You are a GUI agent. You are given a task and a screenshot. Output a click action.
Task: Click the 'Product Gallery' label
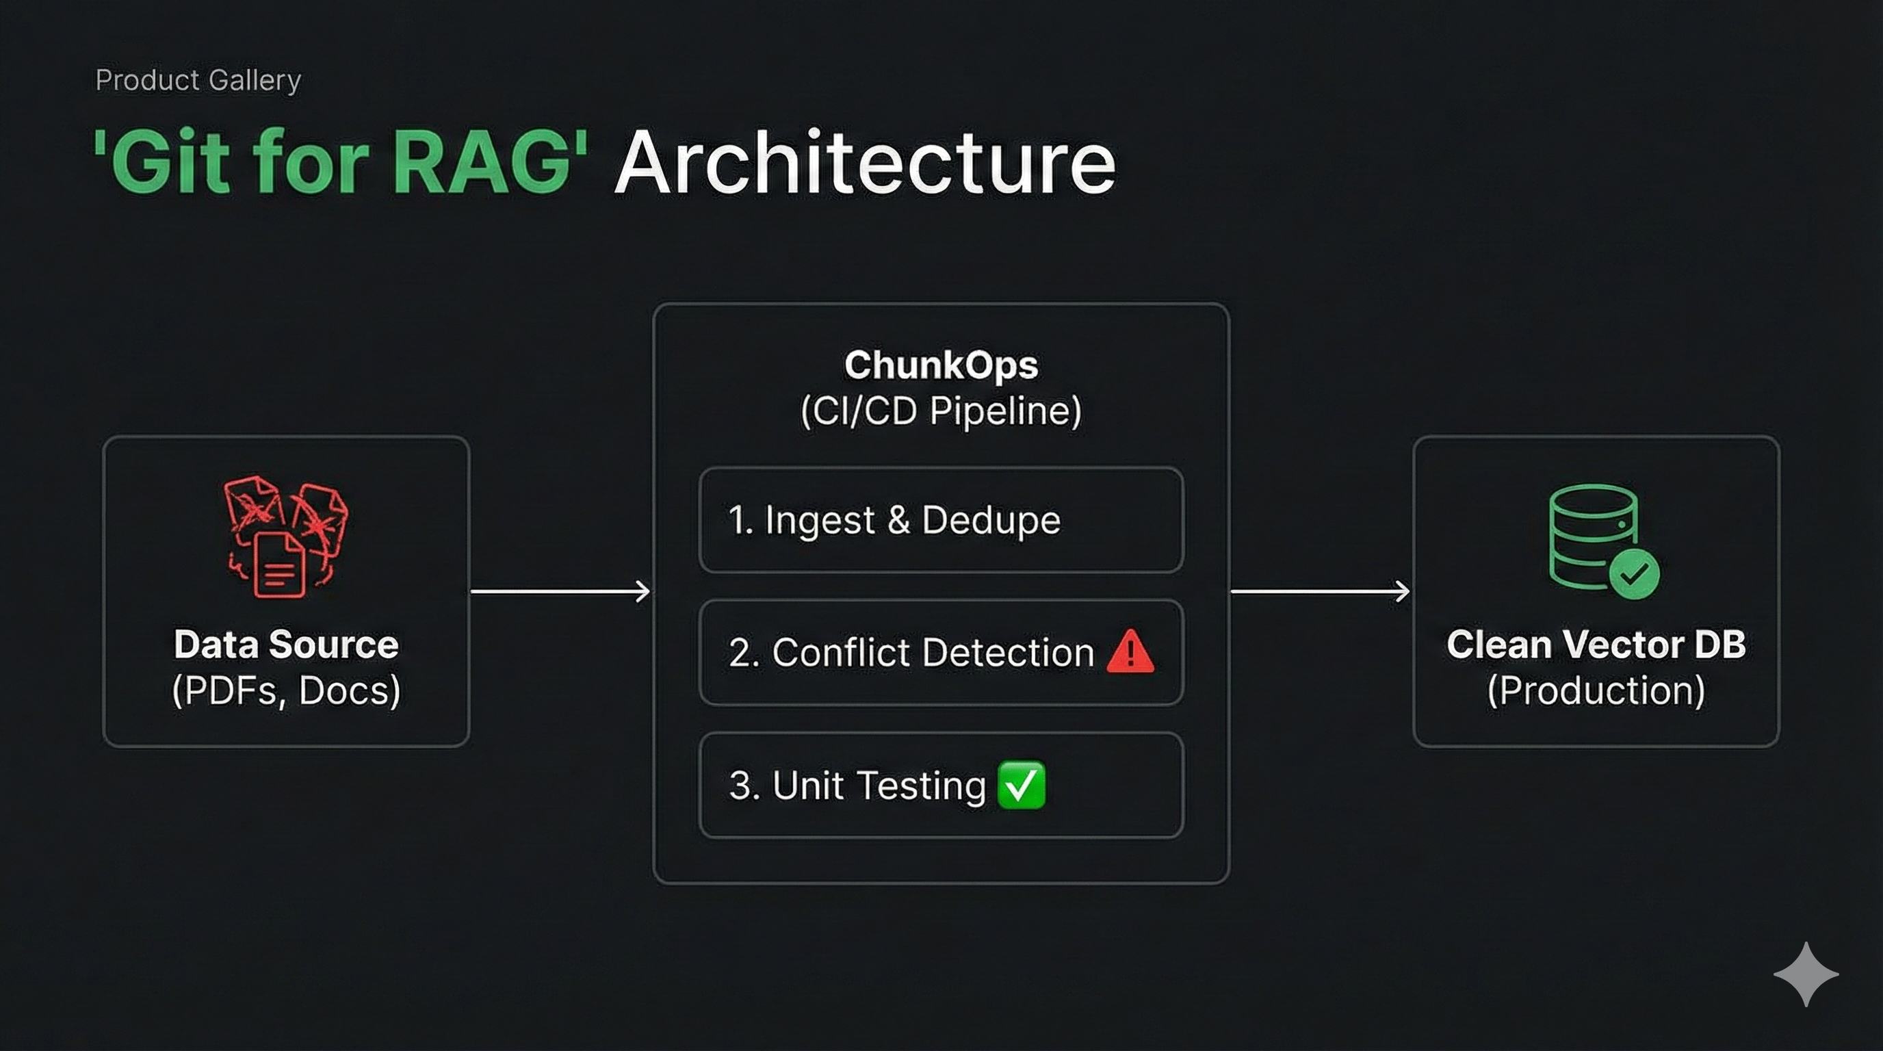(x=198, y=80)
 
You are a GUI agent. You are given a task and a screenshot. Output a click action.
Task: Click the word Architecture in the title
(x=865, y=162)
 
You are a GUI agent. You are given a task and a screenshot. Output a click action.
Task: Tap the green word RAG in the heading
(x=482, y=162)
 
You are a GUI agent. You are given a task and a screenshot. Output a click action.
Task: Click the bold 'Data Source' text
(x=286, y=645)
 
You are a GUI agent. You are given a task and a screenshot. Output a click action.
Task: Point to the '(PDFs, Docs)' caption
(x=286, y=690)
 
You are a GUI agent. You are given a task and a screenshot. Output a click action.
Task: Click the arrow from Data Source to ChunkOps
(x=560, y=591)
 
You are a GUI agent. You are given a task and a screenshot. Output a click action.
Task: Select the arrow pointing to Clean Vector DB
(x=1320, y=591)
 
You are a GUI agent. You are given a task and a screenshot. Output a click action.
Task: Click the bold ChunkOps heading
(x=941, y=365)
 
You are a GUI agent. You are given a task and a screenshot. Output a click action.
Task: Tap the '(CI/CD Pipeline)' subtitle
(x=941, y=411)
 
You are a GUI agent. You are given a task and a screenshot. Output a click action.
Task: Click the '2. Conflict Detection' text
(x=911, y=653)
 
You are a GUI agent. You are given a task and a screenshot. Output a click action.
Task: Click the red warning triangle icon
(x=1130, y=652)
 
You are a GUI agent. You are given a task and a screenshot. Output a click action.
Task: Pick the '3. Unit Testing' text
(x=857, y=786)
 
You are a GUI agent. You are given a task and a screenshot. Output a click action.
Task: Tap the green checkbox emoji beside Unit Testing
(x=1021, y=786)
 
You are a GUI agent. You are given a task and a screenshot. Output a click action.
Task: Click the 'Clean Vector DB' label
(x=1596, y=645)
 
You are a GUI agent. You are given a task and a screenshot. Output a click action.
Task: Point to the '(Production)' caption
(x=1596, y=690)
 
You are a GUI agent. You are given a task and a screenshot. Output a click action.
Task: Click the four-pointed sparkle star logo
(x=1806, y=974)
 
